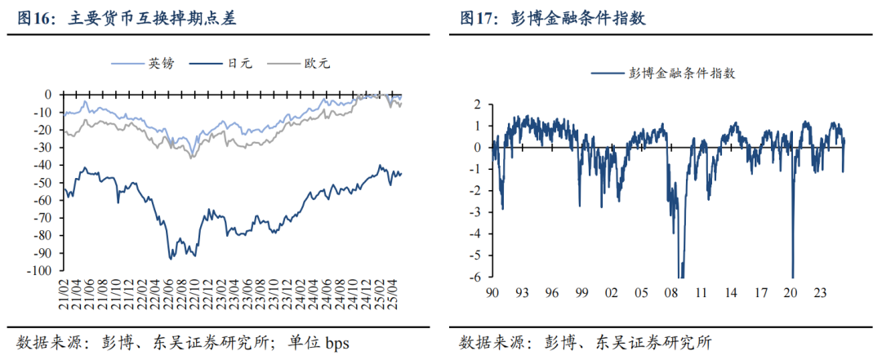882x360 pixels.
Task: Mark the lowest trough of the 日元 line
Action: [x=170, y=259]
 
